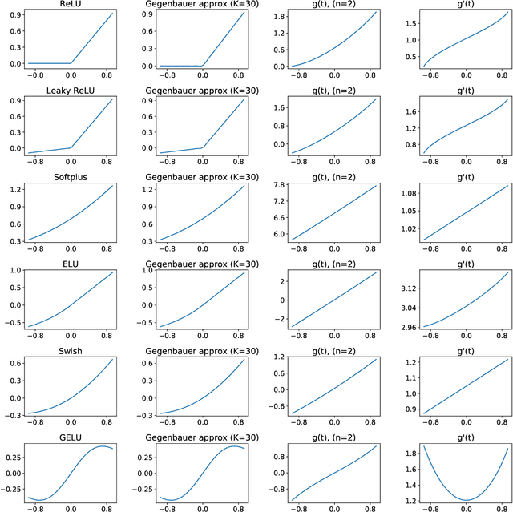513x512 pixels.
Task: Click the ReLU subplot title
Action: (70, 5)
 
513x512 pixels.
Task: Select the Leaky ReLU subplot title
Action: (70, 91)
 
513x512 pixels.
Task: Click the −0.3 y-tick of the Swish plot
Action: (12, 414)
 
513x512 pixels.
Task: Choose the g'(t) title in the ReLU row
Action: (454, 5)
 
